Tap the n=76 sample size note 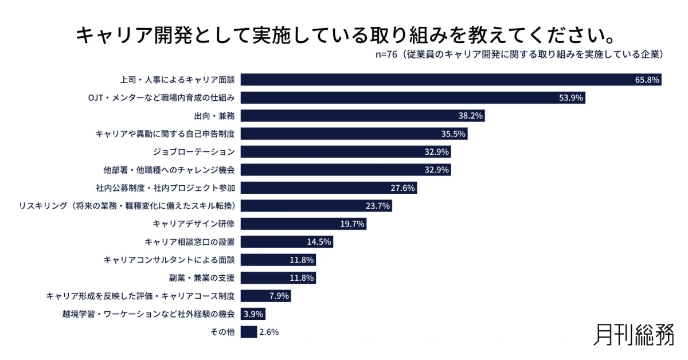pyautogui.click(x=519, y=54)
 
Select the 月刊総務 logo pyautogui.click(x=633, y=334)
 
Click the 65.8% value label pyautogui.click(x=647, y=80)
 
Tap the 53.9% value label pyautogui.click(x=571, y=98)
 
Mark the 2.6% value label pyautogui.click(x=269, y=332)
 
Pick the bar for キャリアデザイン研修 pyautogui.click(x=303, y=224)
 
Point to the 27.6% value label pyautogui.click(x=403, y=188)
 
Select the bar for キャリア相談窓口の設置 pyautogui.click(x=287, y=242)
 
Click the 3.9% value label pyautogui.click(x=253, y=314)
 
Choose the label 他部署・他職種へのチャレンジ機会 pyautogui.click(x=169, y=170)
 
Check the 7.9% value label pyautogui.click(x=279, y=296)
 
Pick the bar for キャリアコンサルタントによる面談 pyautogui.click(x=278, y=260)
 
